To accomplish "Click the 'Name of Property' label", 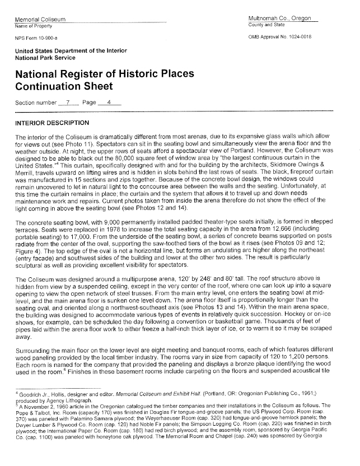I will (x=34, y=26).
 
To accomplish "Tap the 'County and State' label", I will (x=267, y=26).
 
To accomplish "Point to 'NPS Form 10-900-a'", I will (x=35, y=39).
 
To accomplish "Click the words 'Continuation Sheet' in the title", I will (x=64, y=87).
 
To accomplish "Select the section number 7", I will (x=68, y=103).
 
